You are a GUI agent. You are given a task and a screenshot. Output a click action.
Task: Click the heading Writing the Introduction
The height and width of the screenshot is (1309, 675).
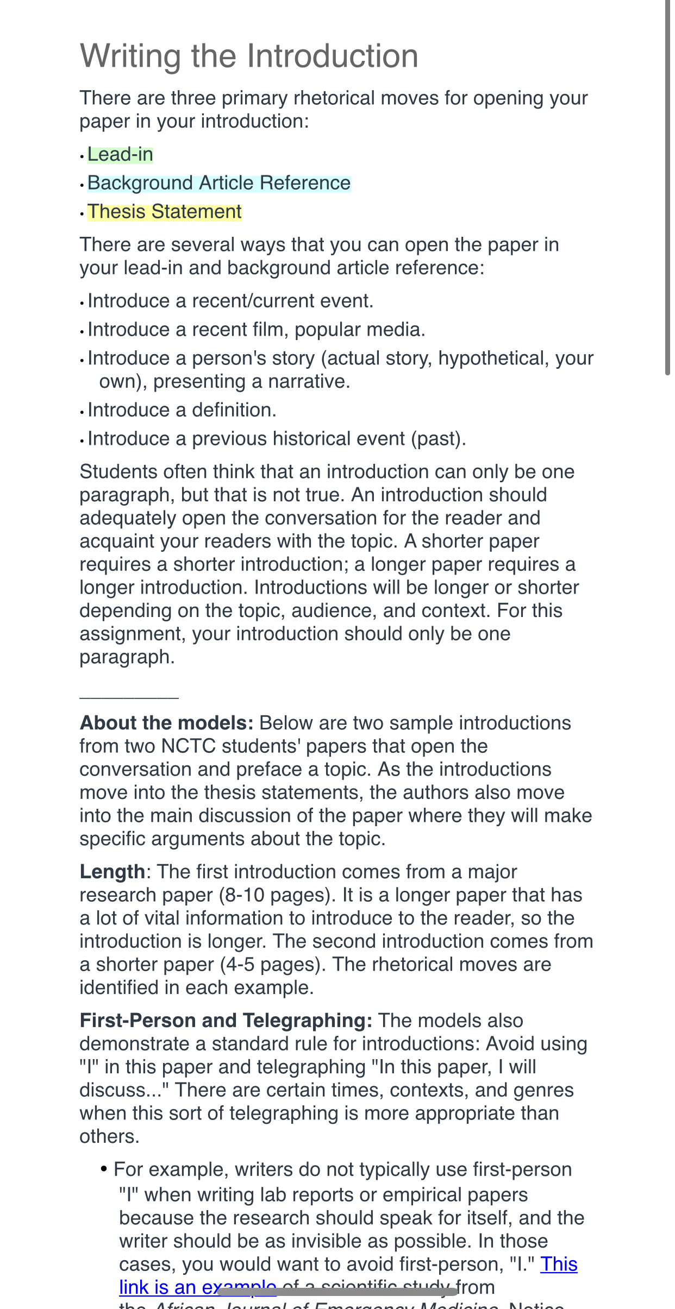249,56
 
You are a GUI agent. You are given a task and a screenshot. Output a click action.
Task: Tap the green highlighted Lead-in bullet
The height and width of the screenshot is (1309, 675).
120,155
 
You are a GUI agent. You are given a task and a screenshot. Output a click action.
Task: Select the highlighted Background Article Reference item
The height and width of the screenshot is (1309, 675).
219,184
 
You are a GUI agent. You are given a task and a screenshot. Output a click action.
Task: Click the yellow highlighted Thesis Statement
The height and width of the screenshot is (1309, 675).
165,212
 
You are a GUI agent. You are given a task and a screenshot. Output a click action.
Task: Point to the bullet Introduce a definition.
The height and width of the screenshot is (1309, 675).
182,410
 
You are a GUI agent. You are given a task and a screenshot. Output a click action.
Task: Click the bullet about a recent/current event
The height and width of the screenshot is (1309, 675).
230,301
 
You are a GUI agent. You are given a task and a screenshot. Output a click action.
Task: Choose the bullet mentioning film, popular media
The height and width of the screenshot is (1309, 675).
257,330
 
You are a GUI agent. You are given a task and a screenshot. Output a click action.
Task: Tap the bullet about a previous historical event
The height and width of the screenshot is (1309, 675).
277,439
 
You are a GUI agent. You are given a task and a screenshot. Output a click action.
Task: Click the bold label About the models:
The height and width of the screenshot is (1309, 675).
166,723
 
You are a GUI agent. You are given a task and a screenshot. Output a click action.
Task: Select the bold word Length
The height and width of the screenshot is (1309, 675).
112,872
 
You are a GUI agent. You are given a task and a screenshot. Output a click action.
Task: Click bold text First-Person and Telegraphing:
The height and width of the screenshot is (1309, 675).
226,1021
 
